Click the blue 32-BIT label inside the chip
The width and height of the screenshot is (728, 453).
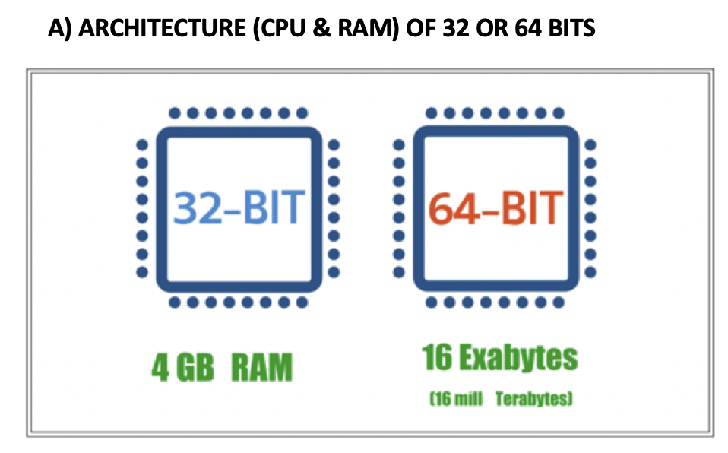(239, 207)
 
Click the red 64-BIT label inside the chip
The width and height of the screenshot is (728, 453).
(495, 207)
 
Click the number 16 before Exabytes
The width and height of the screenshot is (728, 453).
(438, 357)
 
